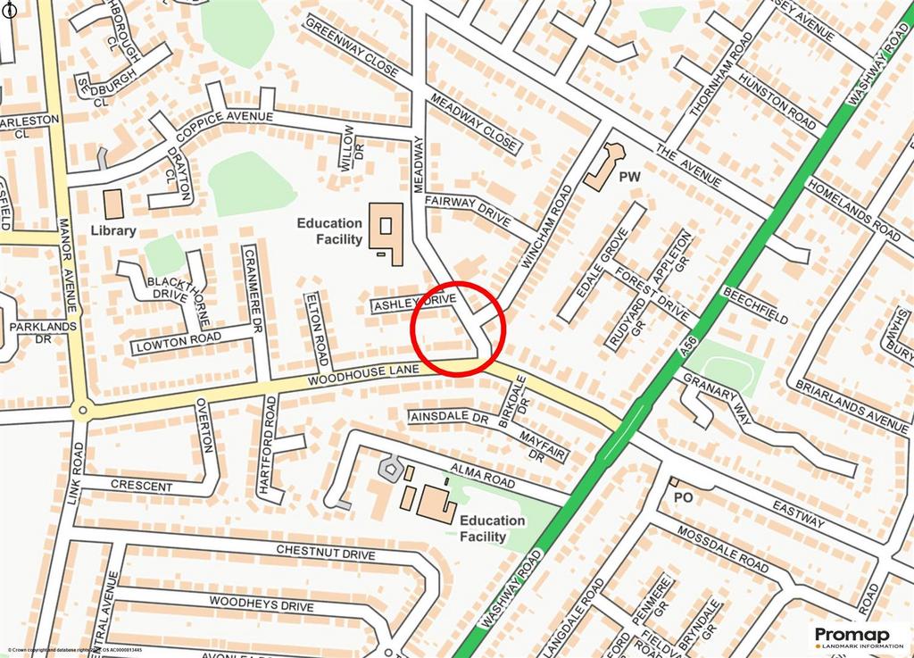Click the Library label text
point(113,230)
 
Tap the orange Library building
point(113,204)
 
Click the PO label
point(684,496)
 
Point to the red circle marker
point(458,329)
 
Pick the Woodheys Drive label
point(262,604)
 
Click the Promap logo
point(858,636)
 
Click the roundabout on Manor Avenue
point(82,412)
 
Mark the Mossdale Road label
point(723,548)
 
